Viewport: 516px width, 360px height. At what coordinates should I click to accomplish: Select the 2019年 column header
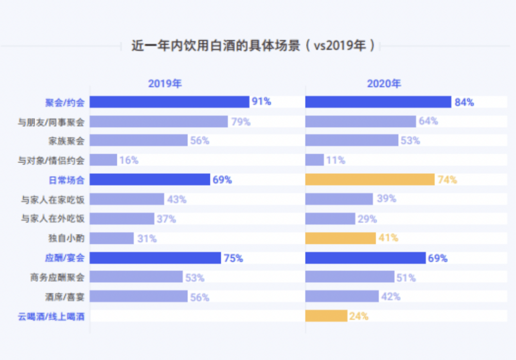point(165,84)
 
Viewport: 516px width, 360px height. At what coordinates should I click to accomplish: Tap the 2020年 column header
point(384,84)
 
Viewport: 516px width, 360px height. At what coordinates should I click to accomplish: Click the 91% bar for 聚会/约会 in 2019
point(169,102)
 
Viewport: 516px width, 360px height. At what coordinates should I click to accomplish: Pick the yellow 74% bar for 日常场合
point(370,179)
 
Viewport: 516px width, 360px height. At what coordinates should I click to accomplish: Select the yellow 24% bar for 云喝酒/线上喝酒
point(326,316)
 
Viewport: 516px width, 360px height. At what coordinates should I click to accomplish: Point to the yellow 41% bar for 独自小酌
point(341,238)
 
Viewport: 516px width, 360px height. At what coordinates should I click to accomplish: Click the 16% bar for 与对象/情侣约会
point(103,160)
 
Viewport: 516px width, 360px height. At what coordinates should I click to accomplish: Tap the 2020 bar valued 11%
point(314,160)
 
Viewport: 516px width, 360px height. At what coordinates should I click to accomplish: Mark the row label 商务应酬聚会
point(58,277)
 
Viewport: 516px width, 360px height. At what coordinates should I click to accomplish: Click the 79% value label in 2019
point(240,121)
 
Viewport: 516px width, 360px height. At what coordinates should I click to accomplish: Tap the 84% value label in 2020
point(464,102)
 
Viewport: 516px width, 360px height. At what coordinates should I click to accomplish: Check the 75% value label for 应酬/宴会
point(233,258)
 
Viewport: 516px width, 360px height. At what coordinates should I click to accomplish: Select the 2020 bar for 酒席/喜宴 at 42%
point(342,296)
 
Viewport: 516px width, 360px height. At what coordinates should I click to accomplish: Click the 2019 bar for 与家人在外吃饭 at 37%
point(122,219)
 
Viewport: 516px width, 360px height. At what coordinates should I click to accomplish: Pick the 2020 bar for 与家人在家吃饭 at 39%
point(339,199)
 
